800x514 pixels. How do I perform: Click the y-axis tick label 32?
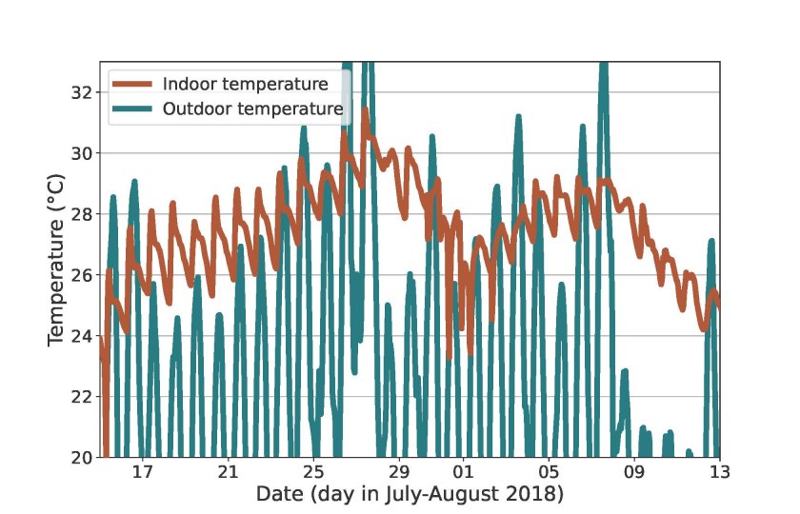click(x=81, y=92)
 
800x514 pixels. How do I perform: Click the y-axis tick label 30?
click(x=81, y=153)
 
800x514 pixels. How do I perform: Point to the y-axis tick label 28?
click(x=81, y=214)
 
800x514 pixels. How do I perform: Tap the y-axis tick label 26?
click(x=81, y=275)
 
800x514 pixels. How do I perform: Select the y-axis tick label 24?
click(x=81, y=336)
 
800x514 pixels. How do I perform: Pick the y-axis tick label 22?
click(x=81, y=397)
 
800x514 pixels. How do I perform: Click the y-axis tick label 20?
click(x=81, y=458)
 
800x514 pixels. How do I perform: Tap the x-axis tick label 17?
click(x=142, y=473)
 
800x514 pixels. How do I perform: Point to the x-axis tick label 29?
click(x=399, y=473)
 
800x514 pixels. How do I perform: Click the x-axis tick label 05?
click(x=549, y=473)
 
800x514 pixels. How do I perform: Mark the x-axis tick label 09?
click(x=634, y=473)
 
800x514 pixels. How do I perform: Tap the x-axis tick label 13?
click(x=719, y=473)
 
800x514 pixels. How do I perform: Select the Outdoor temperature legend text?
click(x=252, y=109)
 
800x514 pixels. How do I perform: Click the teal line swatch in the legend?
click(x=133, y=109)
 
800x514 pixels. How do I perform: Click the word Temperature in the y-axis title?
click(x=56, y=286)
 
